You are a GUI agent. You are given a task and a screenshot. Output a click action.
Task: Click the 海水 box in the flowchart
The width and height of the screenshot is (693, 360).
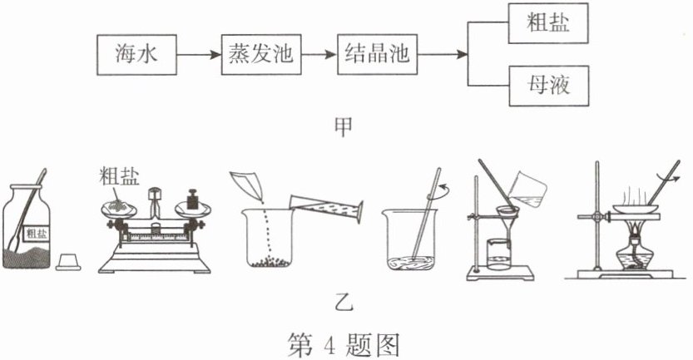click(x=136, y=55)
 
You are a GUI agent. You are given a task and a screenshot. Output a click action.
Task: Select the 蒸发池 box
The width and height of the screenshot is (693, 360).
click(x=261, y=55)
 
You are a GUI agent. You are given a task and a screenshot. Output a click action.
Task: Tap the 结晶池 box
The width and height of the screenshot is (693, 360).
click(x=377, y=54)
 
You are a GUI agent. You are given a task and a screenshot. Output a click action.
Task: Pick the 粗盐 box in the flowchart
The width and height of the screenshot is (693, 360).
click(x=548, y=23)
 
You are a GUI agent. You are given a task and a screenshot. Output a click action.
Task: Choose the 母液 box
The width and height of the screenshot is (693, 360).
click(x=549, y=86)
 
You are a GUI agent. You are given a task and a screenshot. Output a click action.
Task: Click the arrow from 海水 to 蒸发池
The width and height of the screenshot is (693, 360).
click(x=199, y=55)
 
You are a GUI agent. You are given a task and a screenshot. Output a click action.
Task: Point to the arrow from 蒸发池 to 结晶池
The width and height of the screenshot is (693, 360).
click(x=319, y=55)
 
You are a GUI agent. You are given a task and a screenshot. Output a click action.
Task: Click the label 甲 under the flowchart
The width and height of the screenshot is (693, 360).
click(x=344, y=127)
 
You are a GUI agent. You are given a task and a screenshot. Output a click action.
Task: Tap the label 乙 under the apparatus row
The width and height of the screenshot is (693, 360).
click(x=344, y=303)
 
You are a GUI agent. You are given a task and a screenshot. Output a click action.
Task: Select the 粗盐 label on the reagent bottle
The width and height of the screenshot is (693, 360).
click(x=36, y=232)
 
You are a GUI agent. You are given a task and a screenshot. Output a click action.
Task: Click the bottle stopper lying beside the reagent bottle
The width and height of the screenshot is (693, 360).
click(x=68, y=262)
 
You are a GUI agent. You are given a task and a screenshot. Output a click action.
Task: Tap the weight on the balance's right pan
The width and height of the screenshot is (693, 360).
click(x=192, y=200)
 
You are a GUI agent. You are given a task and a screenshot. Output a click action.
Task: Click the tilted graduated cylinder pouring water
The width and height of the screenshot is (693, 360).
click(x=327, y=208)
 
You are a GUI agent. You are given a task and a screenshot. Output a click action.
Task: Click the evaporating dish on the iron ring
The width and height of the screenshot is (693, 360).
click(x=636, y=208)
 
